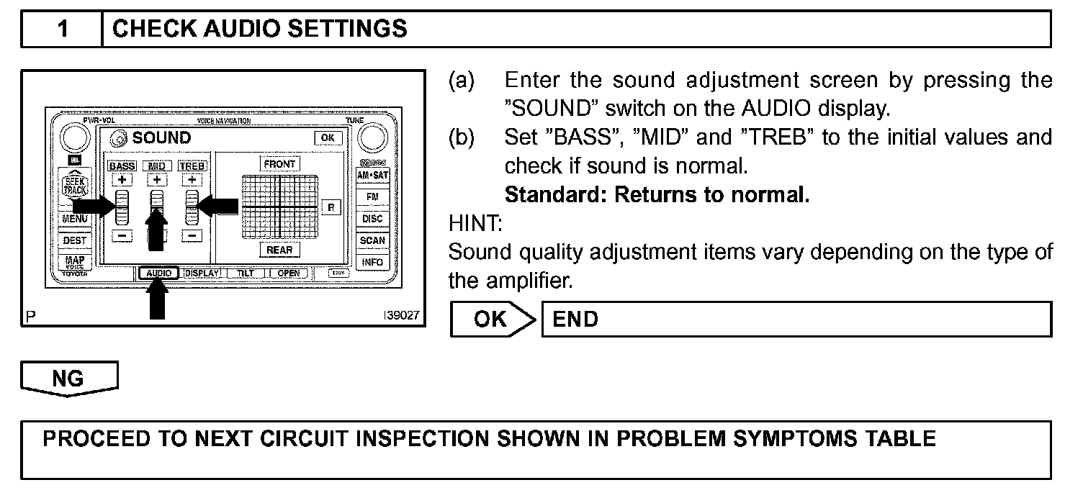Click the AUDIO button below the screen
pos(158,273)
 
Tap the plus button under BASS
pos(122,180)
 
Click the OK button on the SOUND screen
pos(328,137)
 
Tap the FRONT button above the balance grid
pos(279,164)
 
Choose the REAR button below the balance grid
pos(279,250)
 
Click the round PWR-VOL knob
pos(74,137)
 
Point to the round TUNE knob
pos(372,137)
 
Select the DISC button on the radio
pos(372,218)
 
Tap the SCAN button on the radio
pos(372,240)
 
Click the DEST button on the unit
pos(74,240)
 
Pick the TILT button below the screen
pos(246,273)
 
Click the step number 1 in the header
pos(63,29)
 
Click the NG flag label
pos(69,379)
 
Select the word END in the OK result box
pos(575,319)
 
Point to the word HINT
pos(475,224)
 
